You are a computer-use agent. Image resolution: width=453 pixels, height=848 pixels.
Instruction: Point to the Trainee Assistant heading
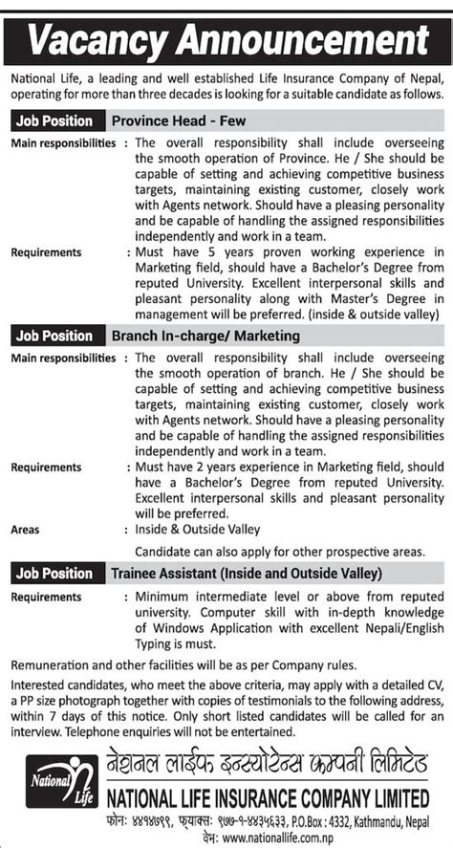pyautogui.click(x=247, y=574)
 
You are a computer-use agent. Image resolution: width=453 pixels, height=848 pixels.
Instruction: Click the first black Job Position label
pyautogui.click(x=54, y=121)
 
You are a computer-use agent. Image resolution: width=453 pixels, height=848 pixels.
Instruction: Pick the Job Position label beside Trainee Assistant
pyautogui.click(x=54, y=574)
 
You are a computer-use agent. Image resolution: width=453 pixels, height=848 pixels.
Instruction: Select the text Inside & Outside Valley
pyautogui.click(x=197, y=529)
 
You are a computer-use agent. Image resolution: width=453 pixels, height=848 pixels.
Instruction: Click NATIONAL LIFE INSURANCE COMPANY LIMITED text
pyautogui.click(x=265, y=795)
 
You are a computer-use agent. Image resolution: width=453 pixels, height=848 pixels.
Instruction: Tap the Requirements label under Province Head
pyautogui.click(x=46, y=252)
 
